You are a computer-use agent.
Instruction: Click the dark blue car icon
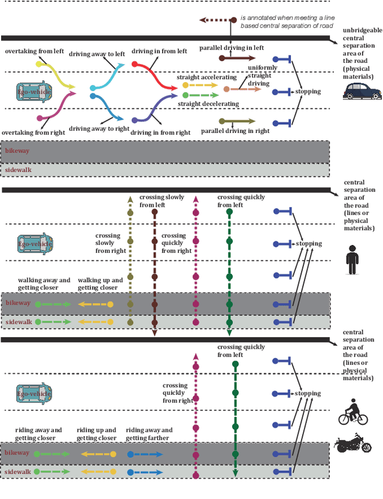(360, 91)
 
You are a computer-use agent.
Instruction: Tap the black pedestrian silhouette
(352, 258)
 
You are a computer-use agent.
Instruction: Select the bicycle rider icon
(352, 412)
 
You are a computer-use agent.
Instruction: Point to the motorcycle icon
(353, 443)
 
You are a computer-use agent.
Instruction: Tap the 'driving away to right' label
(99, 128)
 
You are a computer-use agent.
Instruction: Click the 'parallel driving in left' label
(231, 47)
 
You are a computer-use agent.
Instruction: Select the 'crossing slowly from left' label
(162, 201)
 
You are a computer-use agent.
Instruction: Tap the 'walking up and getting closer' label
(101, 284)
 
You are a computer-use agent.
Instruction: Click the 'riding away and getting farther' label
(149, 434)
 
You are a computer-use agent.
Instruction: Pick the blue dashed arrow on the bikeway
(145, 454)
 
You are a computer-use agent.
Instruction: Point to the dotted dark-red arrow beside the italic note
(214, 20)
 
